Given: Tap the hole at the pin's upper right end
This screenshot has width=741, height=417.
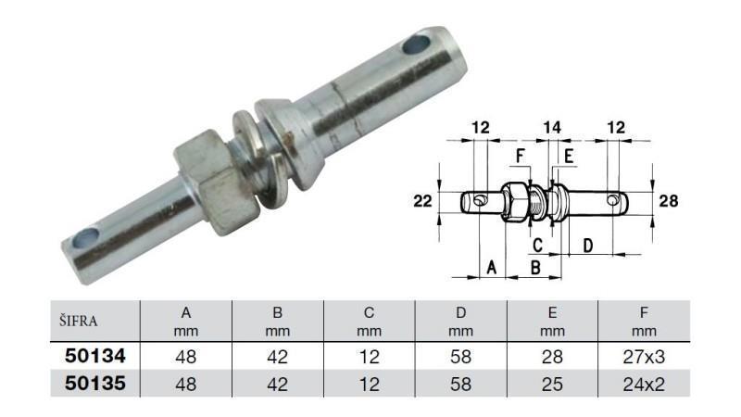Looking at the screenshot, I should point(416,43).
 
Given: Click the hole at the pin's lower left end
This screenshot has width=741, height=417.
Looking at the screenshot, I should point(85,238).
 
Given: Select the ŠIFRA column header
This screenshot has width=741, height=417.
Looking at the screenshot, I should point(79,322).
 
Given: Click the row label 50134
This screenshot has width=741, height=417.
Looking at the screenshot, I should point(94,354).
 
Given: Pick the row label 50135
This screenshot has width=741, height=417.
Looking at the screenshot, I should point(94,382).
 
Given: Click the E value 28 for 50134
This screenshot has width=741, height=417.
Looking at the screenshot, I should point(553,354).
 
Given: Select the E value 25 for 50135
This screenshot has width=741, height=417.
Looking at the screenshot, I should point(553,382).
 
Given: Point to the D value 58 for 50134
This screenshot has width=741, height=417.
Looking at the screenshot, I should point(461,354).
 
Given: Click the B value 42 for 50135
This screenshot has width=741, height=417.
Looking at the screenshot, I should point(277,382).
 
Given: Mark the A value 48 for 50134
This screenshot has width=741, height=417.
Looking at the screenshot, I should point(185,354).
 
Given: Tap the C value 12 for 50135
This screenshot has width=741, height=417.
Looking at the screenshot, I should point(369,382).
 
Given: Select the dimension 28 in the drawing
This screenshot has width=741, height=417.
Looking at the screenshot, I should point(671,200).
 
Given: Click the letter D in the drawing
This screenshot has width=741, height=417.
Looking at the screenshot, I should point(587,246).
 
